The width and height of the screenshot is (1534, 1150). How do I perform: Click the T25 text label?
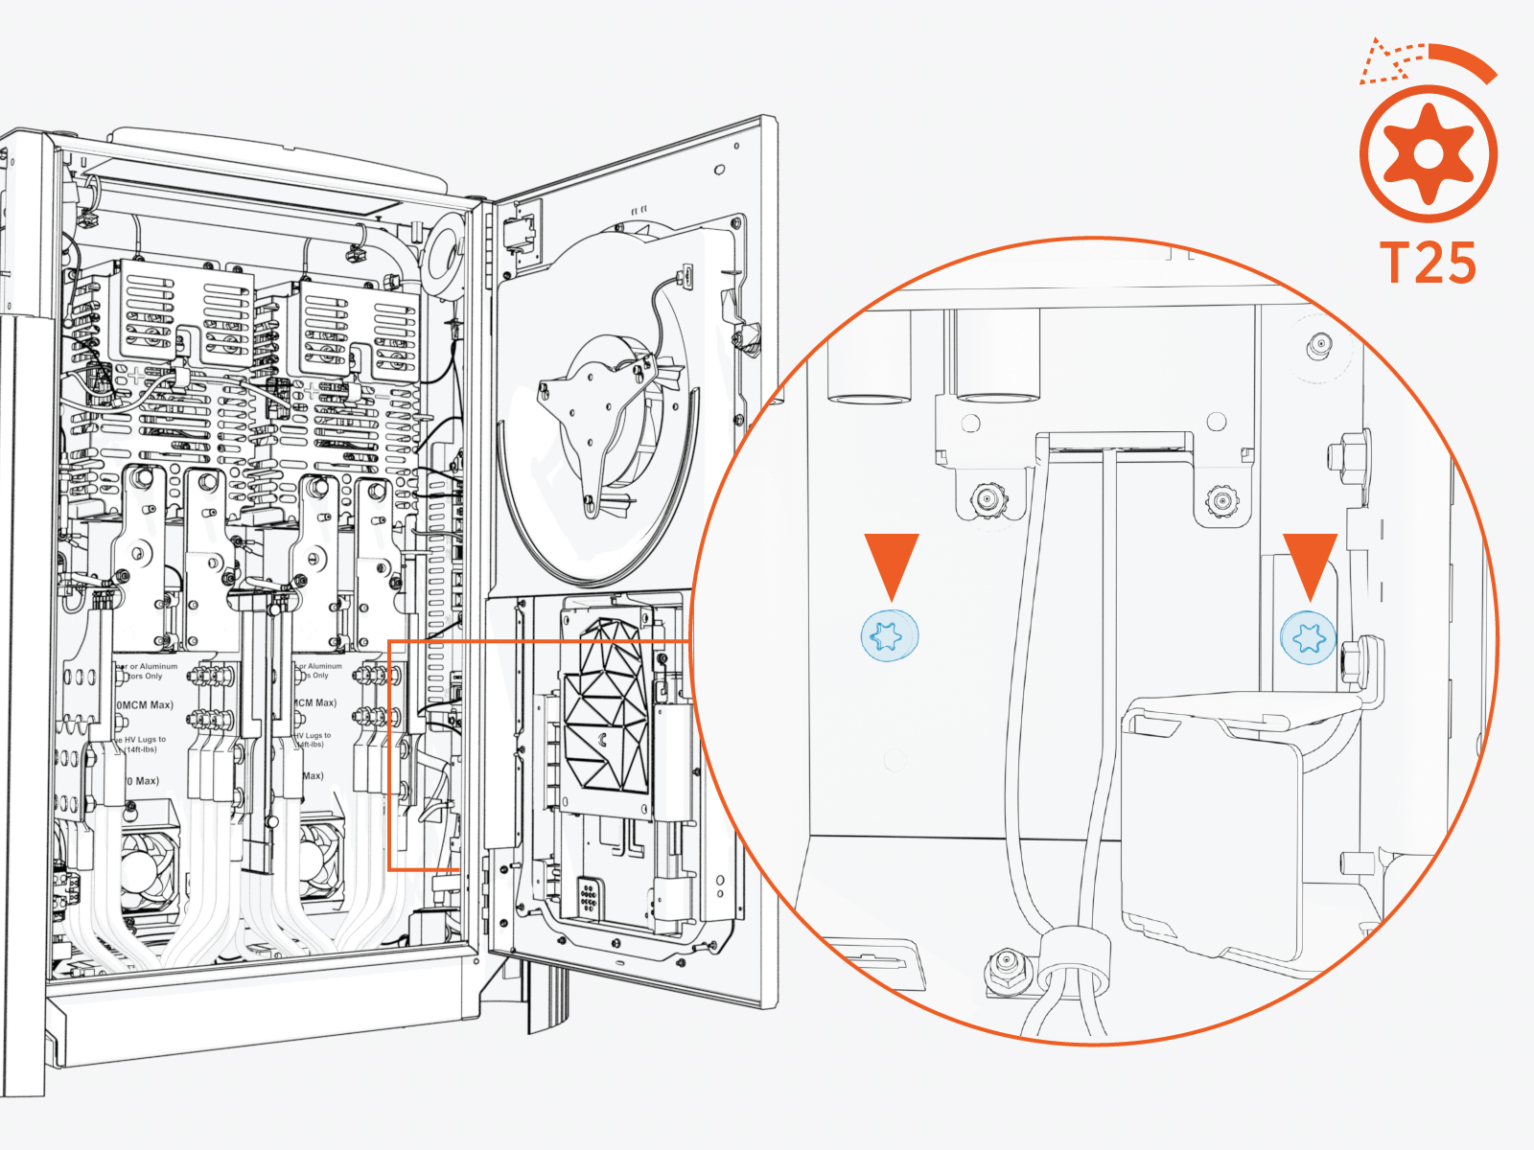pos(1428,263)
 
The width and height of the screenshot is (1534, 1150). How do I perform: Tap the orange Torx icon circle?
pos(1429,153)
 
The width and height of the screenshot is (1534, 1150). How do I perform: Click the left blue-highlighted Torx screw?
pos(890,634)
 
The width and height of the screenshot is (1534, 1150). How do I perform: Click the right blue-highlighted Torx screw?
pos(1309,636)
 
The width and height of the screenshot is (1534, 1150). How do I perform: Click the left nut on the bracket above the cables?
pos(985,498)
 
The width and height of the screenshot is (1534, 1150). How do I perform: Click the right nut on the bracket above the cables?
pos(1220,499)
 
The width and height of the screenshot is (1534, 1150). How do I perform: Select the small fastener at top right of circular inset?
pos(1321,344)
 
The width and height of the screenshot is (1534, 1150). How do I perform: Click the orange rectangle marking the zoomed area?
pos(389,757)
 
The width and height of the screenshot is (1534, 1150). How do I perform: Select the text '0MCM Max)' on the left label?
pos(145,704)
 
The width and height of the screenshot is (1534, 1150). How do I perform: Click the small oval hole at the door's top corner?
pos(720,170)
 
